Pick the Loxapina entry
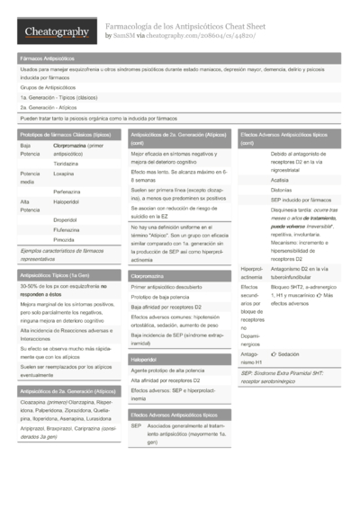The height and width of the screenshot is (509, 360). pyautogui.click(x=63, y=173)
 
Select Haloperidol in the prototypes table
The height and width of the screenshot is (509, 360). pyautogui.click(x=66, y=201)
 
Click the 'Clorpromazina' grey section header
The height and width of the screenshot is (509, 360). pyautogui.click(x=147, y=276)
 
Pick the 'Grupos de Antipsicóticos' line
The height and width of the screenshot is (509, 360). pyautogui.click(x=44, y=87)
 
